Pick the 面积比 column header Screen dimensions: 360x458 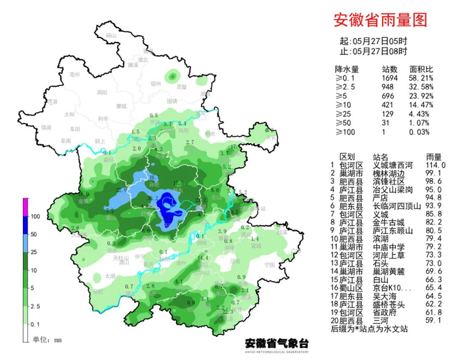coord(420,68)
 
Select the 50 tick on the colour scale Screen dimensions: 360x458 coord(36,234)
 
